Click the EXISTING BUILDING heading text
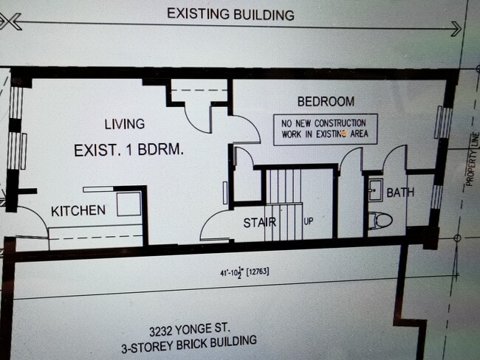pyautogui.click(x=230, y=14)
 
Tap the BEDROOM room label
pyautogui.click(x=325, y=102)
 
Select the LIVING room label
pyautogui.click(x=124, y=124)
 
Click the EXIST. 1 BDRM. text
pyautogui.click(x=128, y=150)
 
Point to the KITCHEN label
pyautogui.click(x=78, y=211)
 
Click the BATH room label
pyautogui.click(x=400, y=193)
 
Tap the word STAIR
pyautogui.click(x=260, y=222)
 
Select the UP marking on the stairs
pyautogui.click(x=309, y=221)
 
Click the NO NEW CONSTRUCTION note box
pyautogui.click(x=325, y=129)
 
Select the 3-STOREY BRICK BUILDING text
pyautogui.click(x=191, y=343)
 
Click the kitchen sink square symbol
pyautogui.click(x=128, y=204)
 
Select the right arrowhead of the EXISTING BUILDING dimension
pyautogui.click(x=456, y=28)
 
